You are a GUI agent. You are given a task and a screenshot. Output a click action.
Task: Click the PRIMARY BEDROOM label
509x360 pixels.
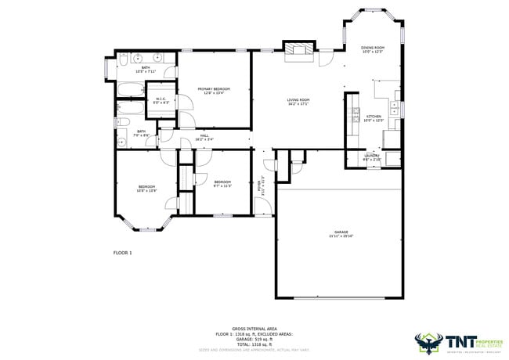point(213,89)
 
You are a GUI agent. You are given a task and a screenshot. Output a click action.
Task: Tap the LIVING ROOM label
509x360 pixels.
point(298,100)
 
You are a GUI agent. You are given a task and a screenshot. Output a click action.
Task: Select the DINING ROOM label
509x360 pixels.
point(372,48)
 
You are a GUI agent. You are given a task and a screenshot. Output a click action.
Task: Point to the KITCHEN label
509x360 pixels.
point(373,116)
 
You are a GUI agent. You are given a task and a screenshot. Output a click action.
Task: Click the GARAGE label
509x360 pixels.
point(341,232)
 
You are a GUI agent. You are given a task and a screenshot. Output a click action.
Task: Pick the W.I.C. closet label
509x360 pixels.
point(161,99)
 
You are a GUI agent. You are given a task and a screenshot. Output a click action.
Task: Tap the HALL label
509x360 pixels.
point(204,136)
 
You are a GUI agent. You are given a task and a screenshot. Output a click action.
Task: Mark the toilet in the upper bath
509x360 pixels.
point(125,59)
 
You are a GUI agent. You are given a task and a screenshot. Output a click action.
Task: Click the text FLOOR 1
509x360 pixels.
point(123,253)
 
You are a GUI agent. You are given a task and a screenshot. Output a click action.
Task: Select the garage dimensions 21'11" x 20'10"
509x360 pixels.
point(341,236)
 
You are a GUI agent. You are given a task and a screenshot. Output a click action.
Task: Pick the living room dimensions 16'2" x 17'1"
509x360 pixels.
point(298,104)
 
